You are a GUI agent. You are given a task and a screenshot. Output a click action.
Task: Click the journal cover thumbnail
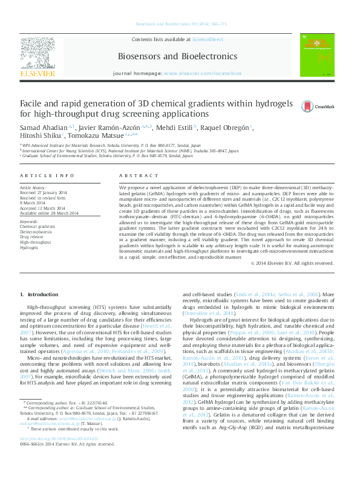click(x=316, y=56)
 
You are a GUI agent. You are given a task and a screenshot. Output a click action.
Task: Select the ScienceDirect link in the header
click(x=208, y=39)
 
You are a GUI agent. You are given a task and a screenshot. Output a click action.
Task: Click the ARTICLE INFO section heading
click(x=47, y=175)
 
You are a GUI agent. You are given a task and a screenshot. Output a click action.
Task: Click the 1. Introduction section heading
click(x=40, y=294)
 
